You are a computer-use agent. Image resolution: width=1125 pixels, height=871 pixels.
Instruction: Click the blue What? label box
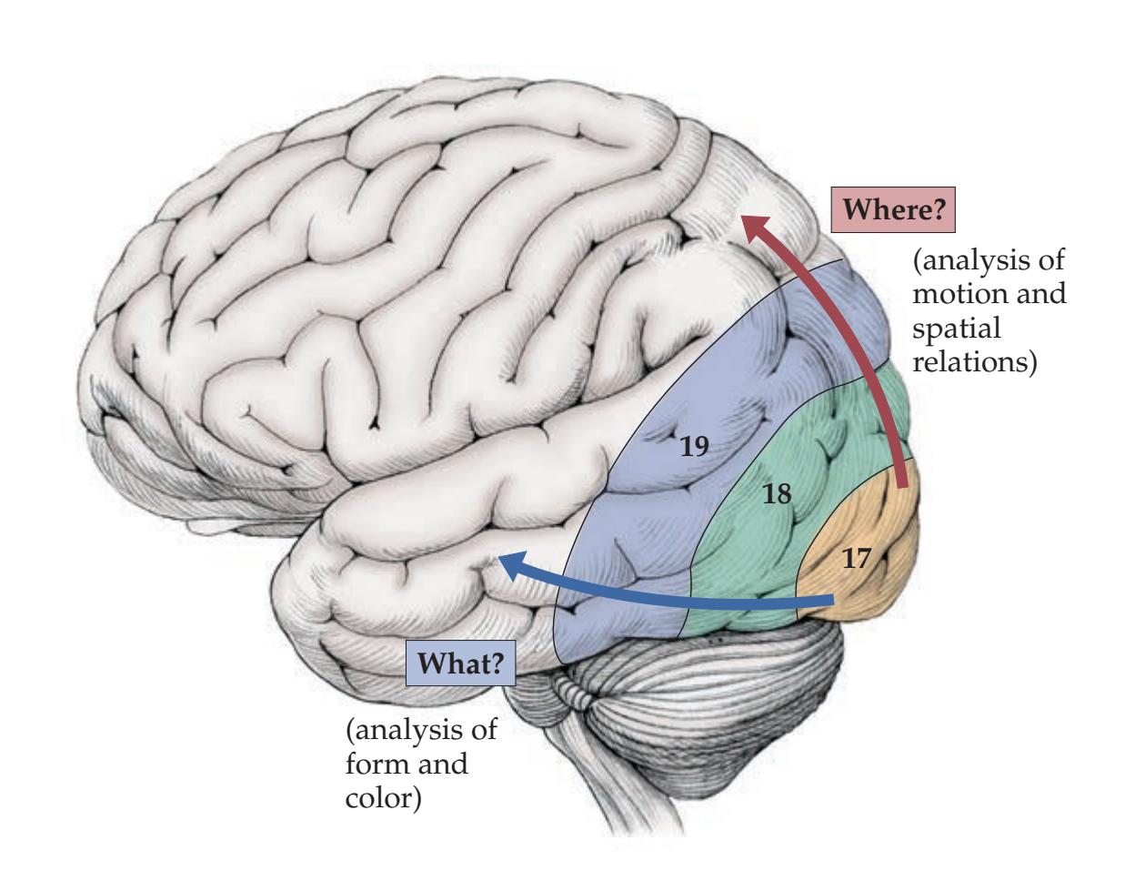pyautogui.click(x=461, y=665)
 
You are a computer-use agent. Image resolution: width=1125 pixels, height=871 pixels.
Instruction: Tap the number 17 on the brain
pyautogui.click(x=856, y=558)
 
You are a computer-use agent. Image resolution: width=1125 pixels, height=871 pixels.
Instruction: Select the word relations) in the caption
pyautogui.click(x=975, y=360)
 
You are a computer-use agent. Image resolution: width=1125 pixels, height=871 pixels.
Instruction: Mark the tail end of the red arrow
pyautogui.click(x=902, y=487)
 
